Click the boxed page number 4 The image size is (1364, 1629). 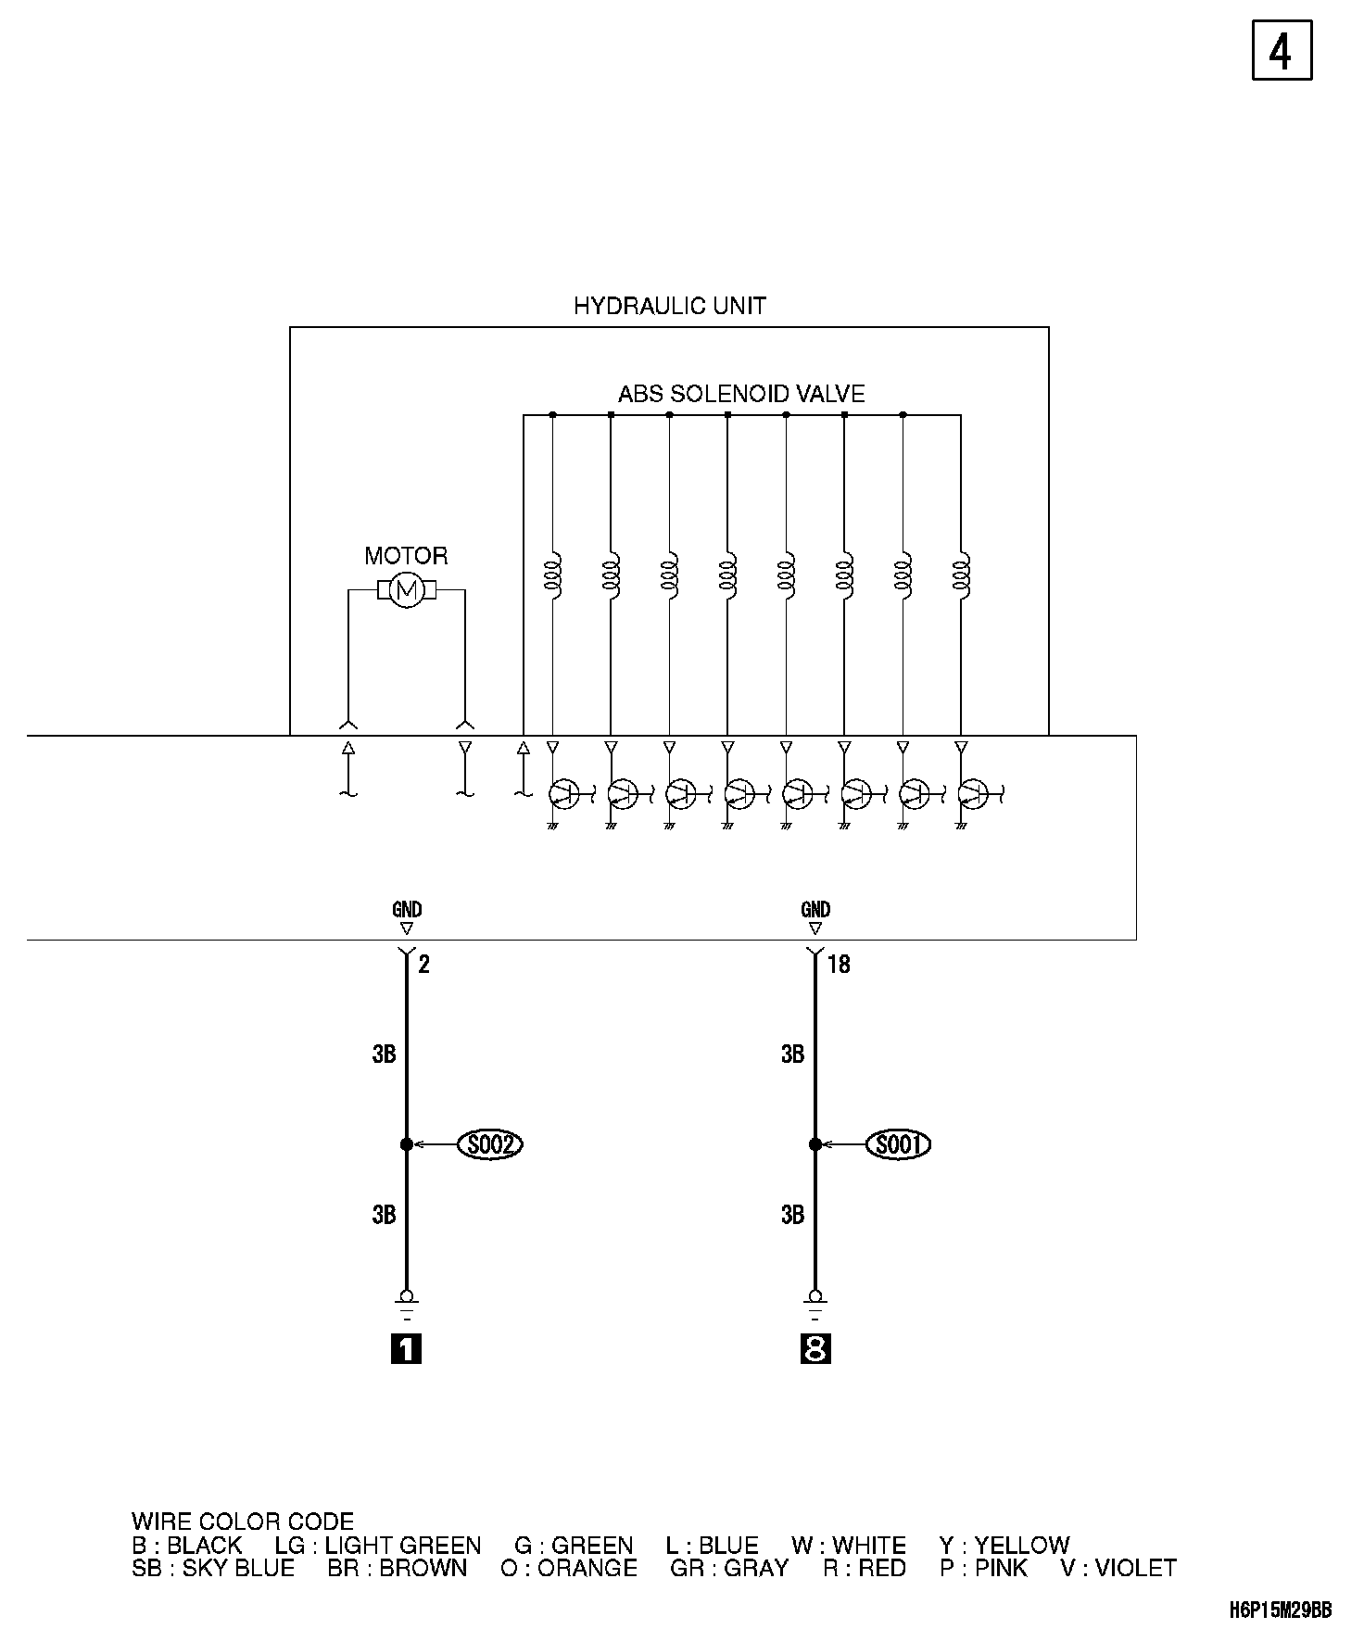[x=1282, y=50]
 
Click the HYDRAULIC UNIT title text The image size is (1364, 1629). [x=669, y=306]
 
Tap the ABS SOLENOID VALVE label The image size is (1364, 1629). [x=741, y=394]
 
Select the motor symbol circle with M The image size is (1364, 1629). [x=405, y=590]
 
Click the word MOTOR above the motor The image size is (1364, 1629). [x=406, y=556]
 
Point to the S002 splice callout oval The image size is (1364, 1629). [x=490, y=1145]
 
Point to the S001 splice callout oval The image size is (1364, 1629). [x=898, y=1145]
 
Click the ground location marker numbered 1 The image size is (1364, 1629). [x=406, y=1349]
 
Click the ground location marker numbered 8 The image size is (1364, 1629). [x=815, y=1349]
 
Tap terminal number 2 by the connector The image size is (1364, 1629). [x=423, y=965]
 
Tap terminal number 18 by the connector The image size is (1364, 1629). [x=838, y=965]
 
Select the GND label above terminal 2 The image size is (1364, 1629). [x=407, y=910]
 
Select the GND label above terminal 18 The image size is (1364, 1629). [x=815, y=910]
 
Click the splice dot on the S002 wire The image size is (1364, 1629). [x=406, y=1145]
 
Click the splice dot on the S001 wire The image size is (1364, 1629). [x=815, y=1145]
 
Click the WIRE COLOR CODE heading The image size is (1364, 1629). [x=242, y=1522]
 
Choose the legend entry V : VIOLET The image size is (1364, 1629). [x=1118, y=1568]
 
